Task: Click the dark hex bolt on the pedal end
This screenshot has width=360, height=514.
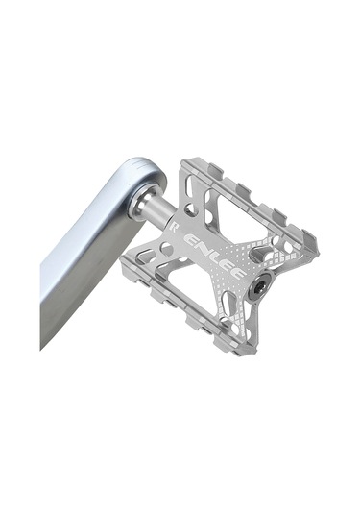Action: [x=258, y=287]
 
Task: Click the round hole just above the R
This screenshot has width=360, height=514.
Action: [x=189, y=208]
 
